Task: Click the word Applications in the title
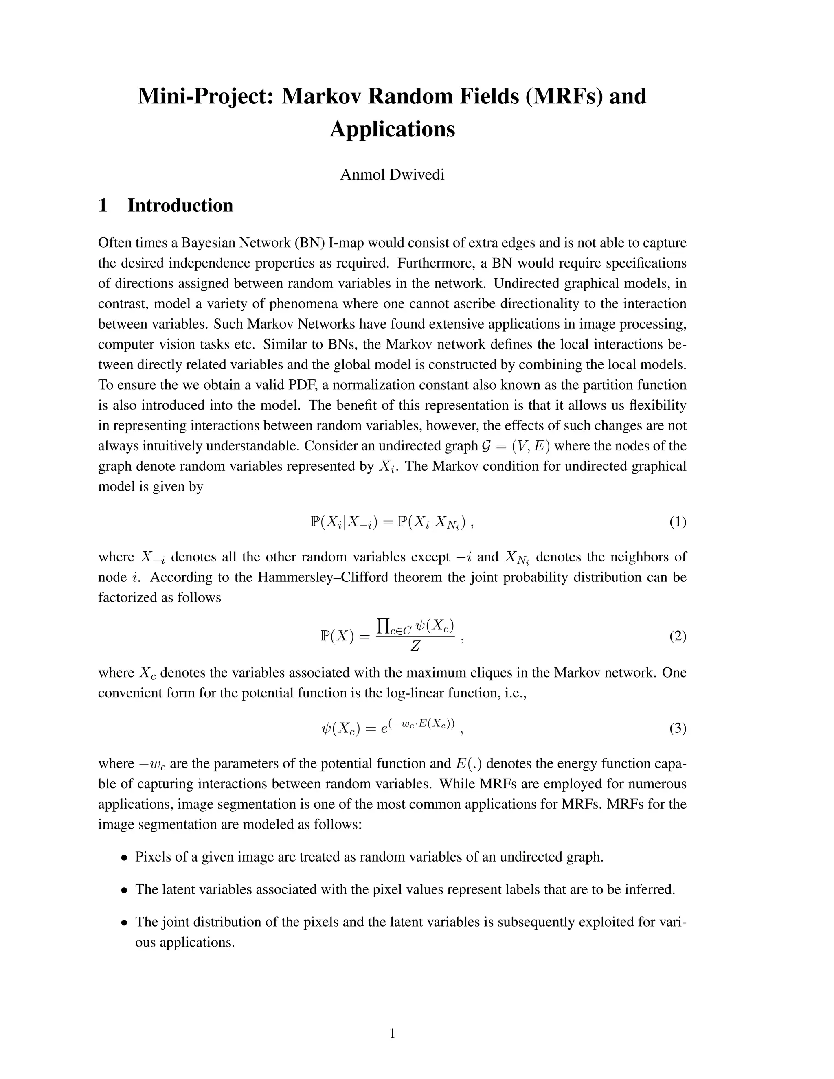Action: pos(392,129)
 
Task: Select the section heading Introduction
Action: pos(180,206)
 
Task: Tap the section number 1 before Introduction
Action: pos(103,206)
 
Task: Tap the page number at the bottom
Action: pos(392,1033)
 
